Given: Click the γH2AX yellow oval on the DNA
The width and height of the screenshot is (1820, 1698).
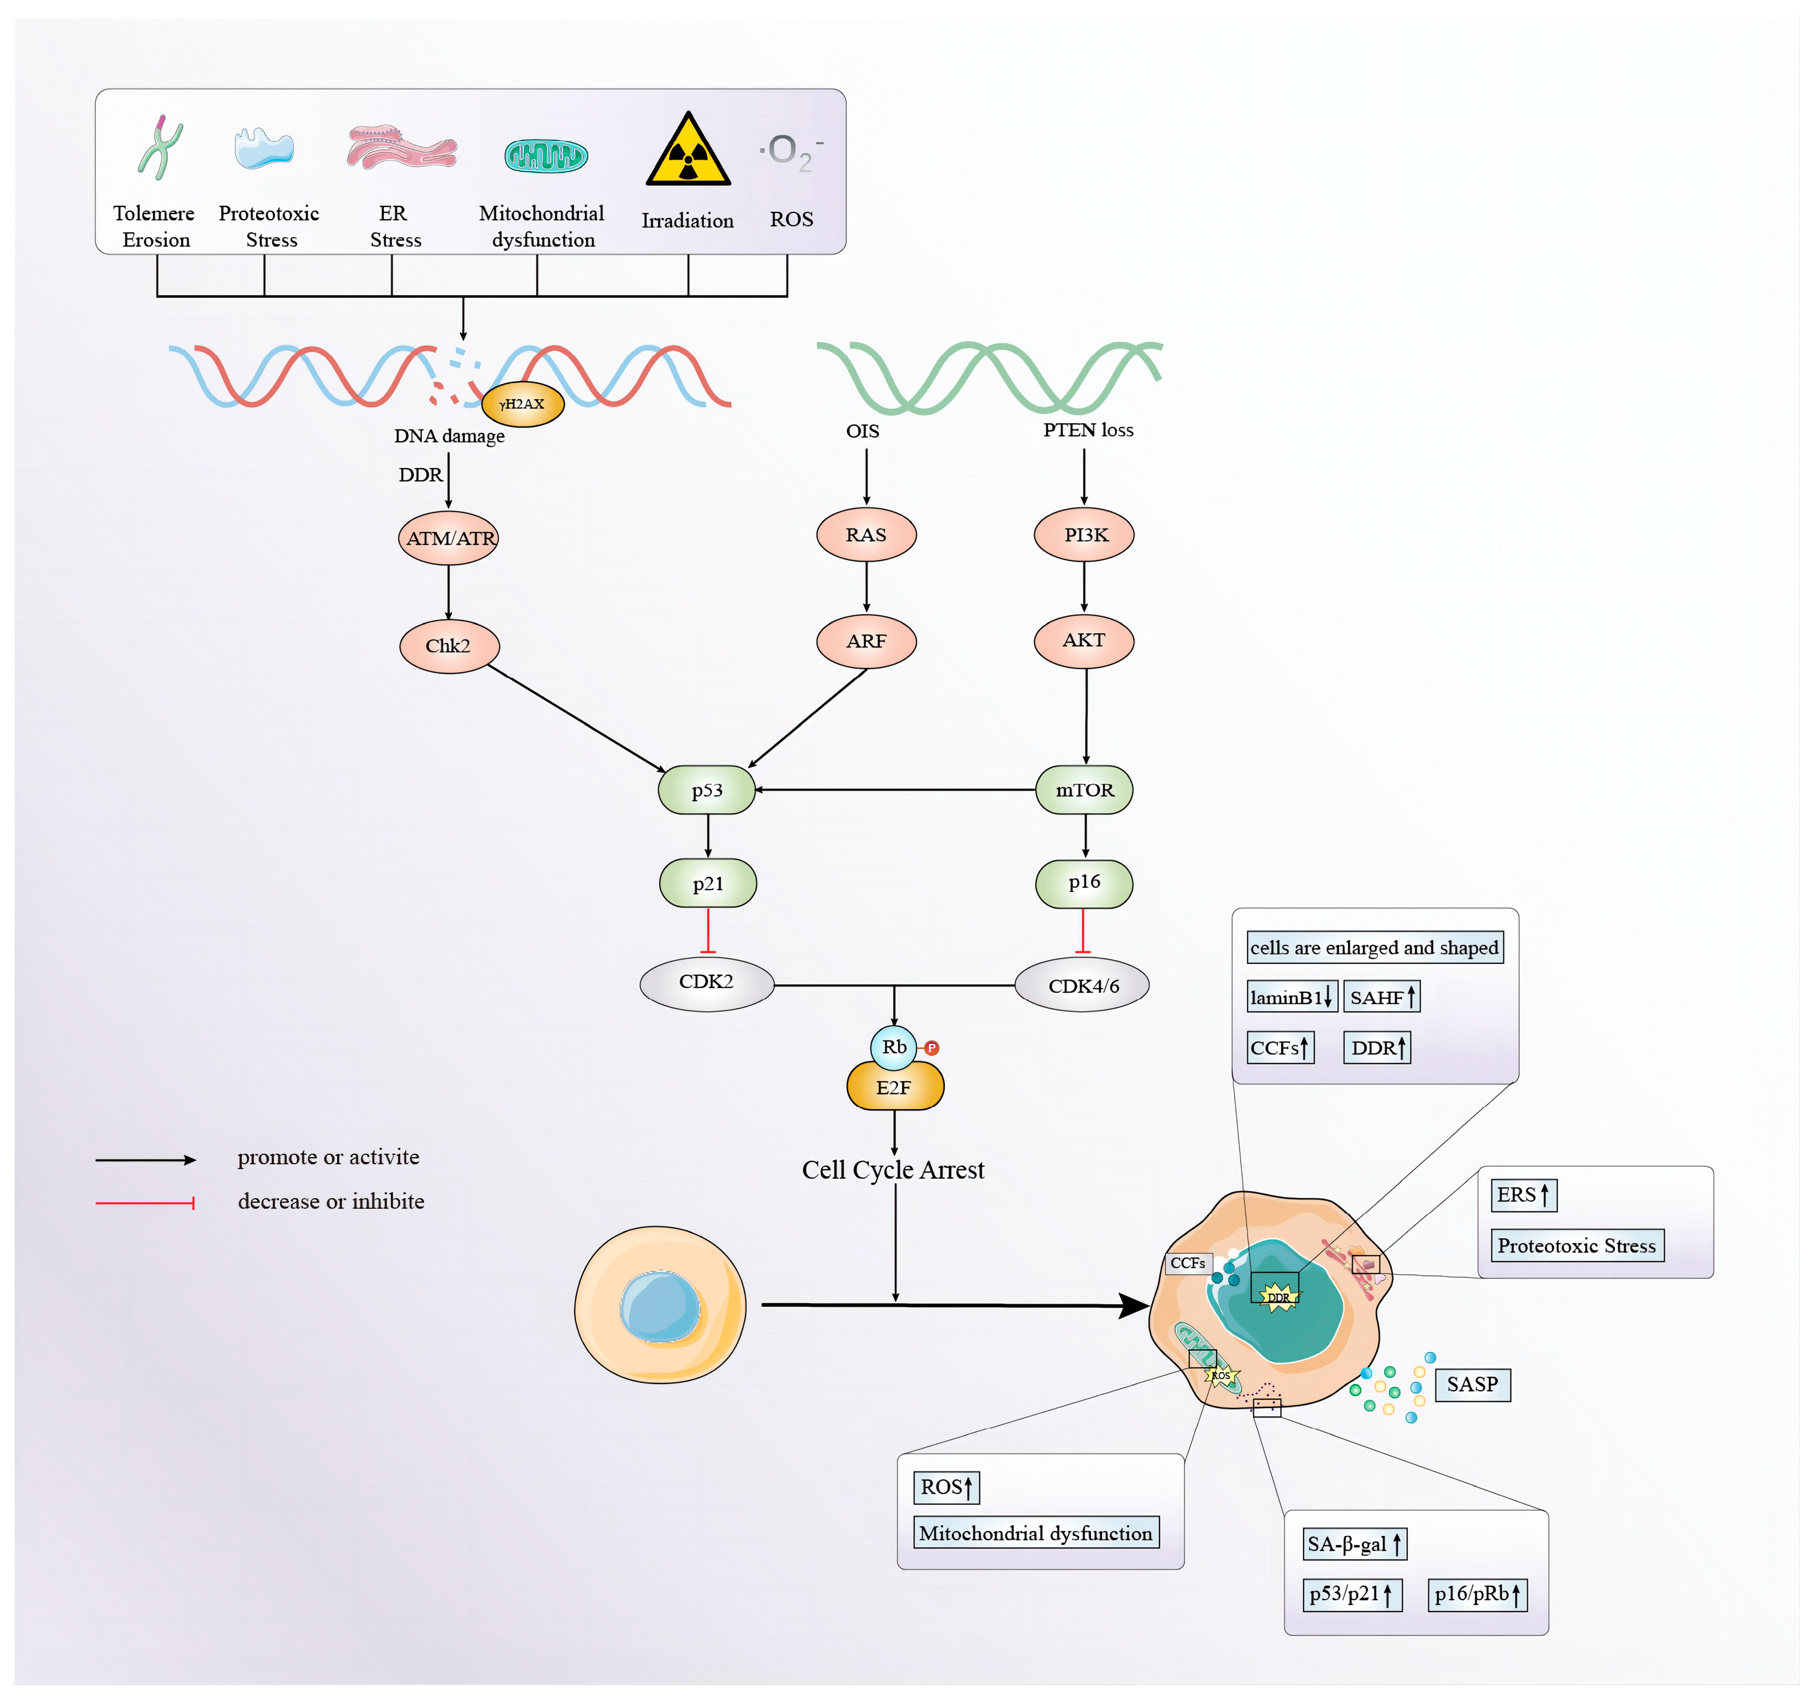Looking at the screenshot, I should pos(522,404).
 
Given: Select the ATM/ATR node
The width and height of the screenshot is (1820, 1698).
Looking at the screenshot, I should pos(449,538).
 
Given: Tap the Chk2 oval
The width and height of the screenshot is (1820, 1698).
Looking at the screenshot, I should pos(449,646).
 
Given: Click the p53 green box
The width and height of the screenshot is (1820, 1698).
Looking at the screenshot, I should pos(707,789).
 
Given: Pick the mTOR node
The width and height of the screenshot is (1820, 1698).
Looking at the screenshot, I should pos(1084,789).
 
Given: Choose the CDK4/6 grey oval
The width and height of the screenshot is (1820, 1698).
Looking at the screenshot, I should pos(1082,986).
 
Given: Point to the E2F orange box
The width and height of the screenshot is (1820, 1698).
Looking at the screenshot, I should pos(894,1087).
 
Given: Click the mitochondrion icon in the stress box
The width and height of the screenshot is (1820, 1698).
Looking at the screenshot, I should pos(546,155).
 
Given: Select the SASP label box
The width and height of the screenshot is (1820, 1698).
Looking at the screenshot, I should pos(1472,1384).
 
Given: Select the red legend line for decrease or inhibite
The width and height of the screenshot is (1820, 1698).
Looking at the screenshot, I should pos(145,1202).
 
